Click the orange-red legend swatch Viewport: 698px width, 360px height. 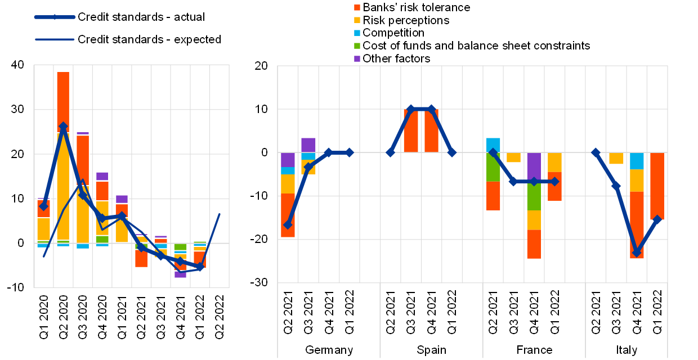pyautogui.click(x=357, y=7)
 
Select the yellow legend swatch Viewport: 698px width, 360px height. pyautogui.click(x=357, y=20)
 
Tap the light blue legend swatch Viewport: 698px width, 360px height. pyautogui.click(x=357, y=33)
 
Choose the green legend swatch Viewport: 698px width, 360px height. pyautogui.click(x=357, y=46)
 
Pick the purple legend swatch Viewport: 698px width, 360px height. pyautogui.click(x=357, y=58)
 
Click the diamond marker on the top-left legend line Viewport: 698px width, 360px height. pyautogui.click(x=55, y=17)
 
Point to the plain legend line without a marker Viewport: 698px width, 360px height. pyautogui.click(x=55, y=39)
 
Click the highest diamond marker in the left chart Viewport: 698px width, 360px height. pyautogui.click(x=63, y=127)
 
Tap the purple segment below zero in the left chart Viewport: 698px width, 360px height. pyautogui.click(x=180, y=274)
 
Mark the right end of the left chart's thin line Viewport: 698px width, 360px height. pyautogui.click(x=219, y=214)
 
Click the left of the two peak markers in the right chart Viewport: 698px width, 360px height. pyautogui.click(x=410, y=109)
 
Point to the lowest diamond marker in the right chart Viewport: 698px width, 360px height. pyautogui.click(x=637, y=253)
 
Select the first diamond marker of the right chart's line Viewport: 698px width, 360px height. pyautogui.click(x=288, y=224)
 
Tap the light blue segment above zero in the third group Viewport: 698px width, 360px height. pyautogui.click(x=493, y=145)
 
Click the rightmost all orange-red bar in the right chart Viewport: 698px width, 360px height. pyautogui.click(x=657, y=186)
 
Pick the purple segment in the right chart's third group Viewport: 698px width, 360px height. pyautogui.click(x=534, y=166)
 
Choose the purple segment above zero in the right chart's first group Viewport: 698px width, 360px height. pyautogui.click(x=308, y=145)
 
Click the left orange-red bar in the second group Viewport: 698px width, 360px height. pyautogui.click(x=411, y=130)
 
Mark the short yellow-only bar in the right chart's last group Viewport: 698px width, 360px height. pyautogui.click(x=616, y=158)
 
